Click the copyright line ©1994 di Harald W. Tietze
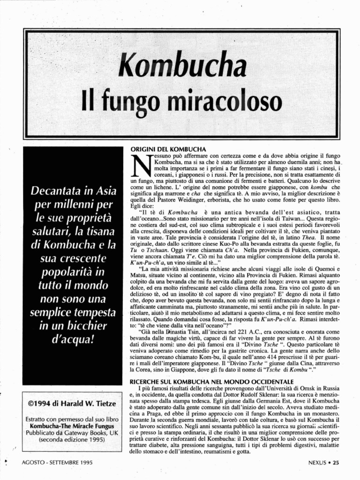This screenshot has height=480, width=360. click(72, 402)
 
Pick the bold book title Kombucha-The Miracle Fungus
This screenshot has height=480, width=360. click(72, 426)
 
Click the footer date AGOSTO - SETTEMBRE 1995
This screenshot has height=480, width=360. click(57, 462)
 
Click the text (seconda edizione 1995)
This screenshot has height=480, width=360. click(72, 440)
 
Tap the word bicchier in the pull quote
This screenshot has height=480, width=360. click(88, 325)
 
